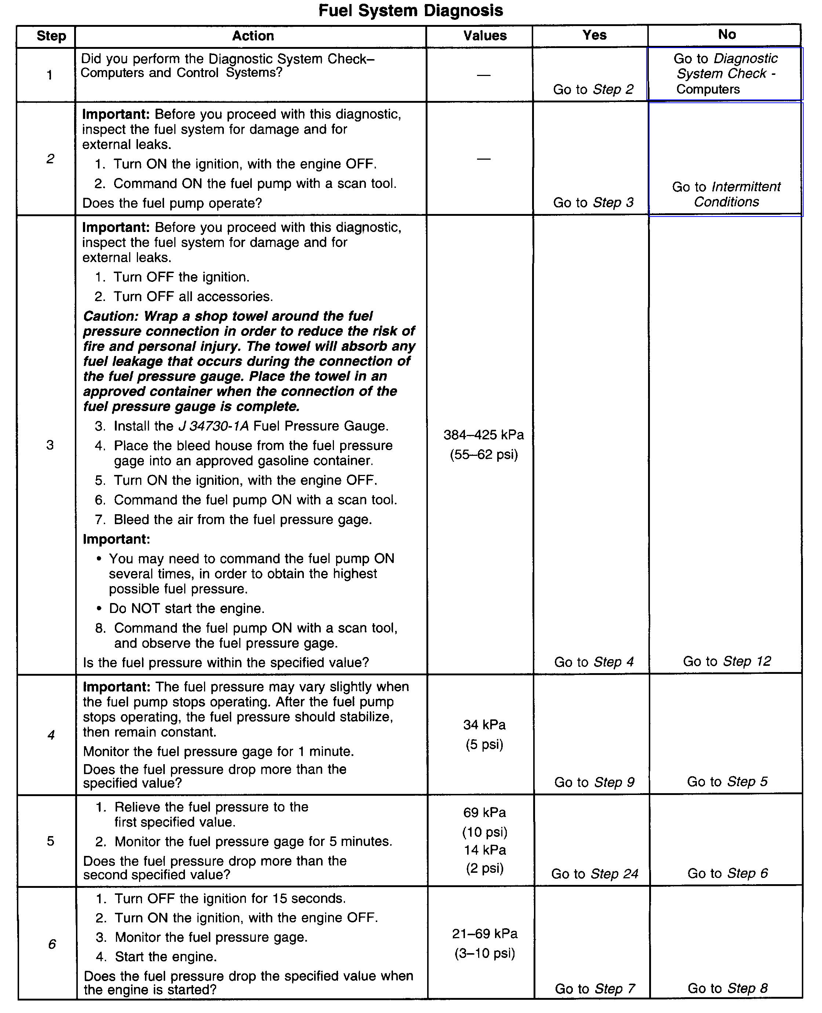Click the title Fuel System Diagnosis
point(411,10)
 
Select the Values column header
point(485,36)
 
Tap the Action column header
point(253,36)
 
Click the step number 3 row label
point(50,445)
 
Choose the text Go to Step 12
point(727,661)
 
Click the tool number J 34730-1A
point(213,426)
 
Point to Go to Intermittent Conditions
point(726,194)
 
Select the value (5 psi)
point(484,744)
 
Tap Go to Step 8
point(727,988)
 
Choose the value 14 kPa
point(485,850)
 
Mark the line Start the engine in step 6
point(166,956)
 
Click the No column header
point(727,34)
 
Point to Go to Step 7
point(595,988)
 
